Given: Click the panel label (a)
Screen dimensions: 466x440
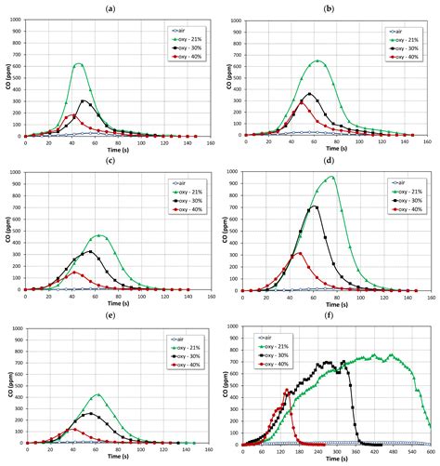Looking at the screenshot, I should tap(110, 7).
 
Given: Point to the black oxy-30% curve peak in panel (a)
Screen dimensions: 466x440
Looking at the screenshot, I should tap(84, 100).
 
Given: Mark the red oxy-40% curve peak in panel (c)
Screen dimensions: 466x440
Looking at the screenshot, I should tap(75, 273).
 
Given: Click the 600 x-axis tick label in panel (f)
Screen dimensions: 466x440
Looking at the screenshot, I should tap(430, 450).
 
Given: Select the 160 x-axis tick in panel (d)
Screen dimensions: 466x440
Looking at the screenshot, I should tap(430, 297).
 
